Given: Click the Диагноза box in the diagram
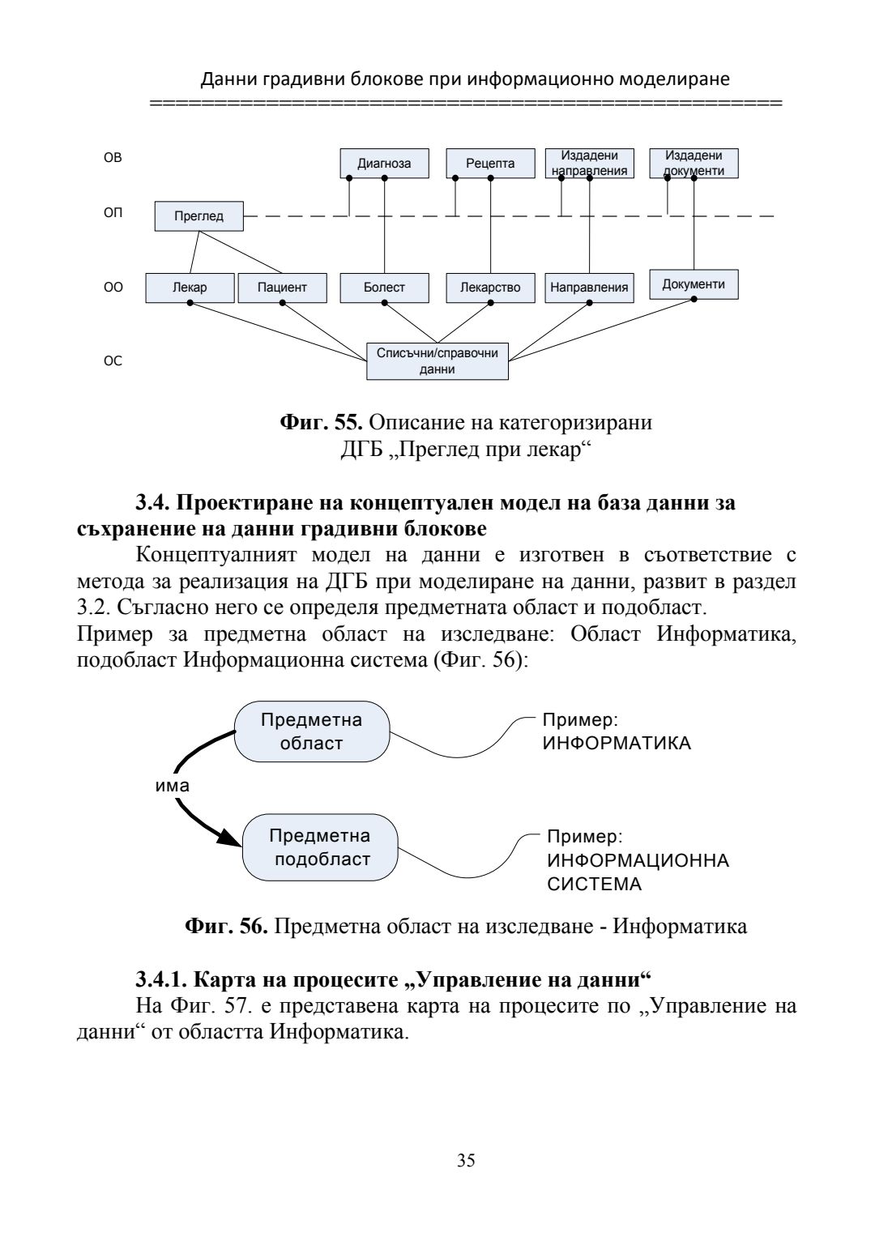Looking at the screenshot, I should [x=384, y=163].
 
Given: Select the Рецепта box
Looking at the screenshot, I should [x=490, y=163].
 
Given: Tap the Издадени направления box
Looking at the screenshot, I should [x=589, y=163].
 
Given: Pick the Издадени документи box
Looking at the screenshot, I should [x=694, y=162].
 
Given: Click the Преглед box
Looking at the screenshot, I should [x=198, y=216].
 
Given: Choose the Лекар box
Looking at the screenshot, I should [x=190, y=288].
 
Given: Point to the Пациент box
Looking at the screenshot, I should [x=282, y=288].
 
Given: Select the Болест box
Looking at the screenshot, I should [x=384, y=288].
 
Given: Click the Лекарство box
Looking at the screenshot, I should [x=490, y=288].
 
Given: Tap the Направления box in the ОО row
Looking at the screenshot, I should [x=589, y=288].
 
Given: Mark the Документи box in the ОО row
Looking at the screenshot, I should [x=694, y=284].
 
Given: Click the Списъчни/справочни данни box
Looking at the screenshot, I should [x=437, y=361].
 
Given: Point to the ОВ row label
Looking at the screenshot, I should [x=113, y=157].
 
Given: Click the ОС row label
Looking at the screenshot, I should [x=113, y=360].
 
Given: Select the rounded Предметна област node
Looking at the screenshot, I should [x=312, y=731].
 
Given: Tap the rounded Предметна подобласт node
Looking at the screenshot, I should [x=321, y=847].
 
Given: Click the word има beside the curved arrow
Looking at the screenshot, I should [x=172, y=786].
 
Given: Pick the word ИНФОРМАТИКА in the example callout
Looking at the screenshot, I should [x=617, y=744].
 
